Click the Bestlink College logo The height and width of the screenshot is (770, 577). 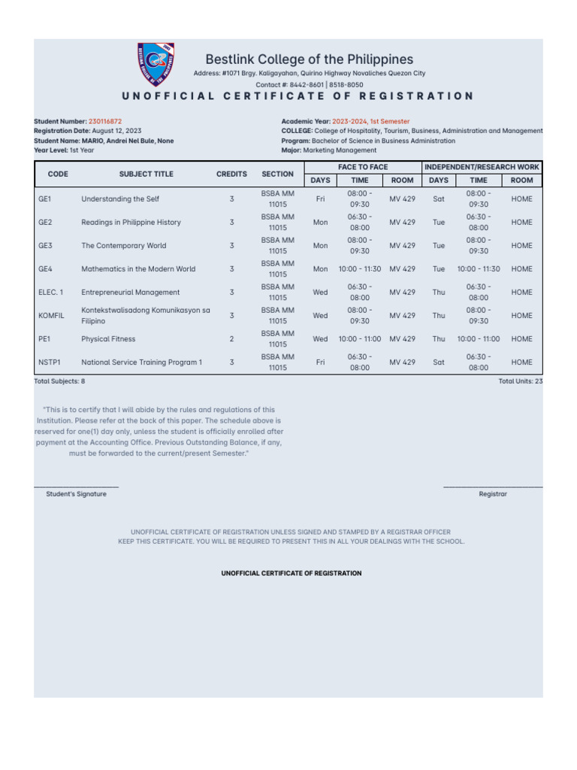pyautogui.click(x=156, y=65)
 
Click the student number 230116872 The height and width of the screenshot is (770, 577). pyautogui.click(x=105, y=121)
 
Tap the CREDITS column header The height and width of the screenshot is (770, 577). pyautogui.click(x=231, y=174)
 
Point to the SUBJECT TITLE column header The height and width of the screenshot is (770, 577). pyautogui.click(x=146, y=174)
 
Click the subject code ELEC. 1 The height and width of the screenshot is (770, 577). pyautogui.click(x=50, y=293)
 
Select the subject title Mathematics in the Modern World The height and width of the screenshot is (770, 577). pyautogui.click(x=138, y=269)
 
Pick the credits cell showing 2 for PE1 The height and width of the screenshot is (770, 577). pyautogui.click(x=231, y=339)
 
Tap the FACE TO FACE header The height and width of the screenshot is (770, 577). pyautogui.click(x=362, y=167)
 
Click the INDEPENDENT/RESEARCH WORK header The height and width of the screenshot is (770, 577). pyautogui.click(x=482, y=167)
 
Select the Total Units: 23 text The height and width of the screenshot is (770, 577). pyautogui.click(x=520, y=382)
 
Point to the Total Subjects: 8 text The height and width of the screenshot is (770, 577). pyautogui.click(x=59, y=382)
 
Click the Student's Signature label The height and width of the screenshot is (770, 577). pyautogui.click(x=76, y=494)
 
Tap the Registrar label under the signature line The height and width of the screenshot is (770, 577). pyautogui.click(x=493, y=494)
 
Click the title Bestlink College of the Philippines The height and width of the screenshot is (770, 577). pyautogui.click(x=309, y=59)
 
